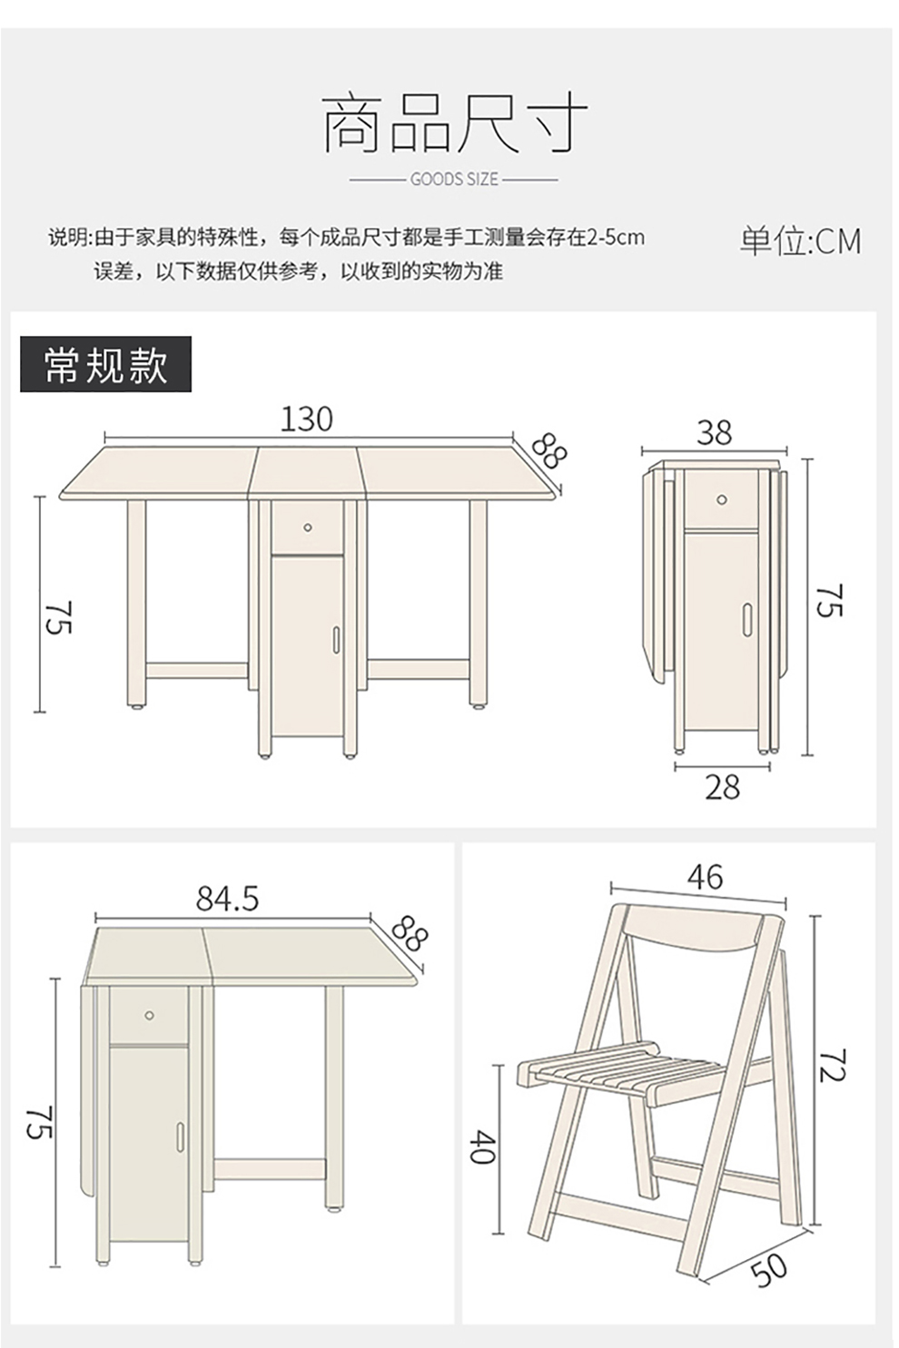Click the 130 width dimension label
(x=307, y=419)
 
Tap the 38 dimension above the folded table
(x=714, y=433)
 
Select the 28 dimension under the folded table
(x=722, y=787)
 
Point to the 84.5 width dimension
(x=227, y=899)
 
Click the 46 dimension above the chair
(x=705, y=877)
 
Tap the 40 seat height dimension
(x=482, y=1146)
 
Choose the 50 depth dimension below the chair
(x=769, y=1269)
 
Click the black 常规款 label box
(x=105, y=364)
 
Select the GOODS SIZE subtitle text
(x=454, y=180)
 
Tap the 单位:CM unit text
(x=799, y=241)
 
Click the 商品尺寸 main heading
(x=454, y=124)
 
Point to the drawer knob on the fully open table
(x=308, y=527)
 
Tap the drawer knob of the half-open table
(x=149, y=1015)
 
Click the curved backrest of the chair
(x=695, y=931)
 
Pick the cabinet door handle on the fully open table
(x=335, y=639)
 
